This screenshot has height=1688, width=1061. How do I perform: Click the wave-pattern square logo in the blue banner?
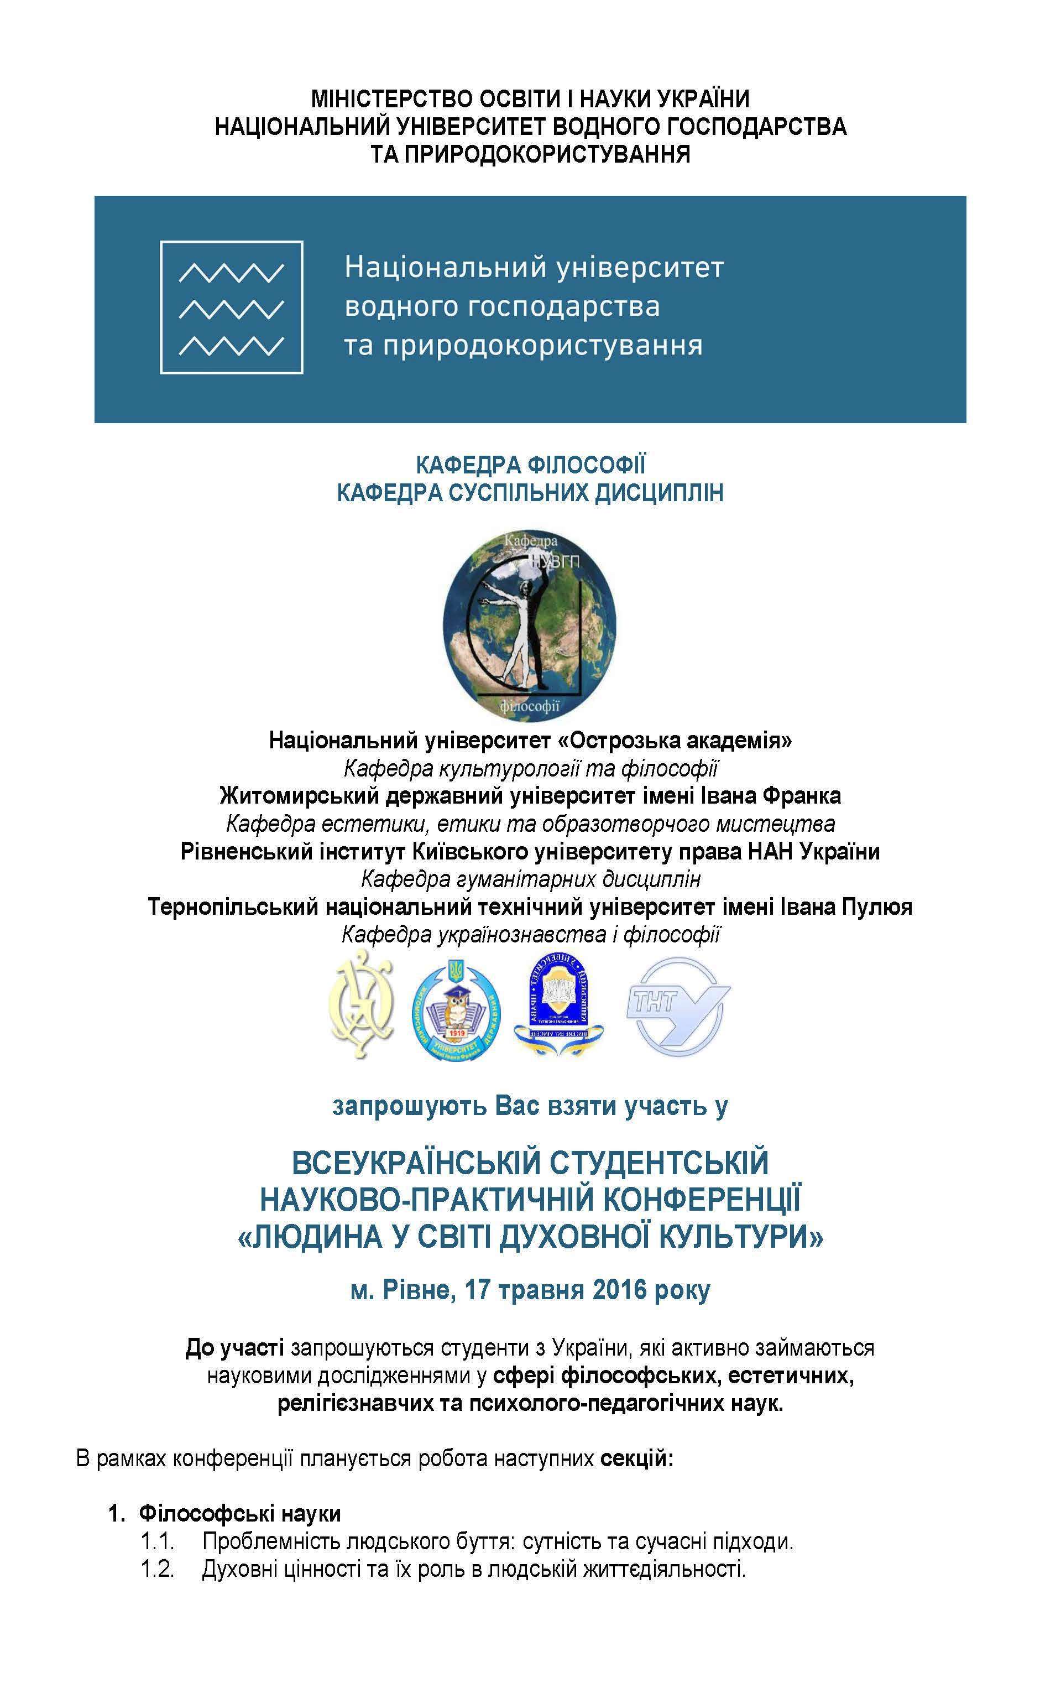tap(231, 307)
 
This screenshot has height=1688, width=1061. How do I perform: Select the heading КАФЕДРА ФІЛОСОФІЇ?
tap(530, 465)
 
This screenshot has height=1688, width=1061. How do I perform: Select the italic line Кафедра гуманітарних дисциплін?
tap(531, 879)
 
